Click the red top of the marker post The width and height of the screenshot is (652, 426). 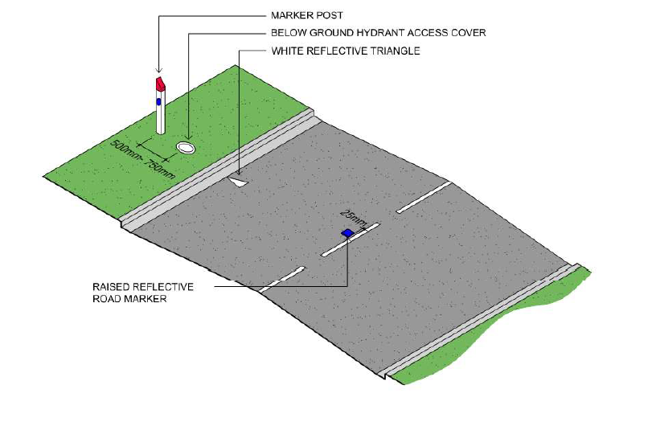(160, 84)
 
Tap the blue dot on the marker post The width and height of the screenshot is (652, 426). (159, 102)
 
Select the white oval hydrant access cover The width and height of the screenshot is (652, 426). (186, 148)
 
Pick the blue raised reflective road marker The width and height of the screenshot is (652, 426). (347, 233)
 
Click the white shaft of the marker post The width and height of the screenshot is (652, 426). (161, 117)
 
